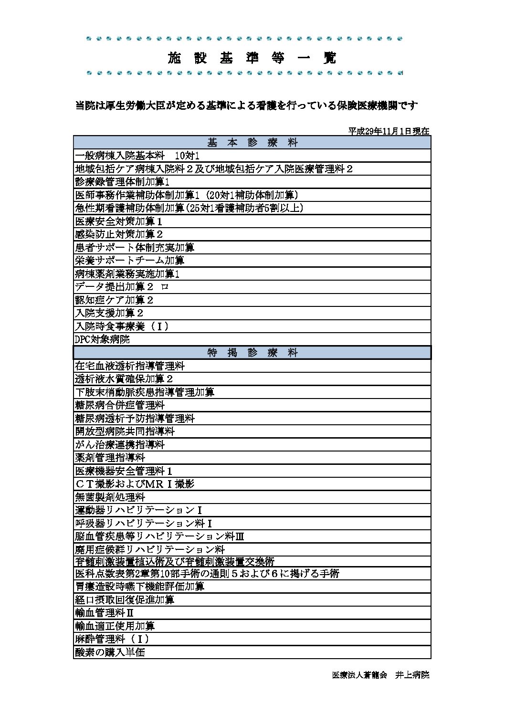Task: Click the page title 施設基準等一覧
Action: [252, 58]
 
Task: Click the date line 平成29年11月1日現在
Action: [389, 131]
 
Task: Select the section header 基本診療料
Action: [252, 142]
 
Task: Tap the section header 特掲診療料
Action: [252, 352]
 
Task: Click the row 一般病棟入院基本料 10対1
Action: [137, 156]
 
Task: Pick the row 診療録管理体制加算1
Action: [123, 182]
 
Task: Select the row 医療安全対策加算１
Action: [119, 221]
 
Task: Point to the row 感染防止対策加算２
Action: [119, 234]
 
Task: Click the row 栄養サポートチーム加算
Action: [130, 261]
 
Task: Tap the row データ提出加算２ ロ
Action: [122, 287]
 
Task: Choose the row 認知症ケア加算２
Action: [115, 300]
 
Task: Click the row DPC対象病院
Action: [103, 339]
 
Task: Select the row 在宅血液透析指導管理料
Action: [130, 366]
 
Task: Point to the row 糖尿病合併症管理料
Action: [120, 405]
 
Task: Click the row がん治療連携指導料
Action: [120, 444]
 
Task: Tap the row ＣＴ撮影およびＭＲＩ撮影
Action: [135, 484]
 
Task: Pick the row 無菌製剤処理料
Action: [110, 497]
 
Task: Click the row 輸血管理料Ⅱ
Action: [105, 612]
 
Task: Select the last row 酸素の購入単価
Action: [110, 652]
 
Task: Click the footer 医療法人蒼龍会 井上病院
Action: [380, 675]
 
